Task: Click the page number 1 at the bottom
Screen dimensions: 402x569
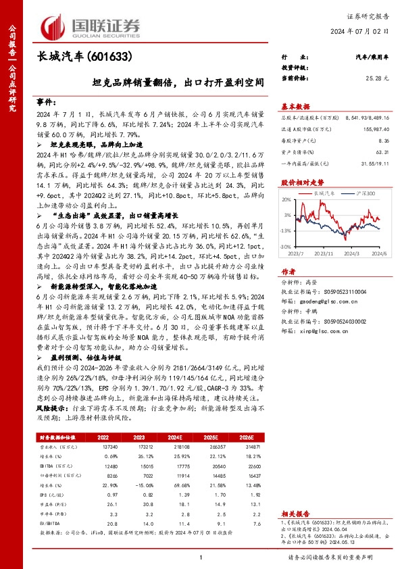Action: (201, 556)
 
